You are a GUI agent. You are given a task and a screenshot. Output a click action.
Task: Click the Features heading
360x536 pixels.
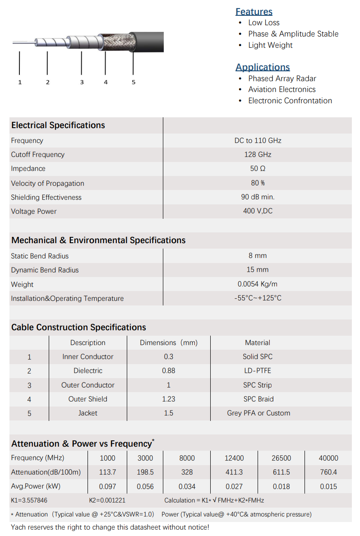click(x=254, y=12)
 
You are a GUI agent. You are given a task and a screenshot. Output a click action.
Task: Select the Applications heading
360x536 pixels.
click(x=263, y=67)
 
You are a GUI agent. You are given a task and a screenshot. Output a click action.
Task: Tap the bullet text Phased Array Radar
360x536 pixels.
click(x=282, y=79)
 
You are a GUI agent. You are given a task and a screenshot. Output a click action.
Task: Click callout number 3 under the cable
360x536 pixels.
click(x=82, y=82)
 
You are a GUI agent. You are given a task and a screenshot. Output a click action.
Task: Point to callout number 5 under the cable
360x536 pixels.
click(x=134, y=82)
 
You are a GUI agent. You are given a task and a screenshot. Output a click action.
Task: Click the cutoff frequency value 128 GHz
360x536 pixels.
click(x=258, y=154)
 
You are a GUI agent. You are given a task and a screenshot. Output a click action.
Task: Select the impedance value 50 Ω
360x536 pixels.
click(x=258, y=168)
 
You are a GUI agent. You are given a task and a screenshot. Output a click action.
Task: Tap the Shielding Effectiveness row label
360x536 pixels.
click(x=46, y=197)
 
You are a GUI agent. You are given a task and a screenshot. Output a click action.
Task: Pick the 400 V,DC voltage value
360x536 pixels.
click(x=258, y=211)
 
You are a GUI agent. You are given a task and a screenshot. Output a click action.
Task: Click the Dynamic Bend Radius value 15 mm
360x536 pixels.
click(x=258, y=270)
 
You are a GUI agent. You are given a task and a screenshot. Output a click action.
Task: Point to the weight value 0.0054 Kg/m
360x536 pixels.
click(x=258, y=284)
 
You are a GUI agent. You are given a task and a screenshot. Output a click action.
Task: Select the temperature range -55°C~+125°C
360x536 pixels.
click(x=258, y=298)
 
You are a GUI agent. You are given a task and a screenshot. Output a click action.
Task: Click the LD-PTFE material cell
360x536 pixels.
click(x=258, y=370)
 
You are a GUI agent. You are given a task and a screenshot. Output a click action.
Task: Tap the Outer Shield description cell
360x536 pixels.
click(x=88, y=399)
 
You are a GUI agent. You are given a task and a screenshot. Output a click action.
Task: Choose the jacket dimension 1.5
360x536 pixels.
click(x=168, y=413)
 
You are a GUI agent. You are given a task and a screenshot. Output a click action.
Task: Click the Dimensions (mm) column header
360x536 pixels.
click(x=168, y=342)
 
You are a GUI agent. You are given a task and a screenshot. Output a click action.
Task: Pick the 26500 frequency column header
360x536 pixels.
click(x=281, y=458)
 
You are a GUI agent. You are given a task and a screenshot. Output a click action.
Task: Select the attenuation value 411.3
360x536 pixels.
click(x=234, y=472)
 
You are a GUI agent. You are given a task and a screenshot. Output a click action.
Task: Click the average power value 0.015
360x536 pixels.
click(x=328, y=486)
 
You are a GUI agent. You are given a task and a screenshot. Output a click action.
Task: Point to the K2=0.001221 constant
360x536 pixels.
click(x=107, y=500)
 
